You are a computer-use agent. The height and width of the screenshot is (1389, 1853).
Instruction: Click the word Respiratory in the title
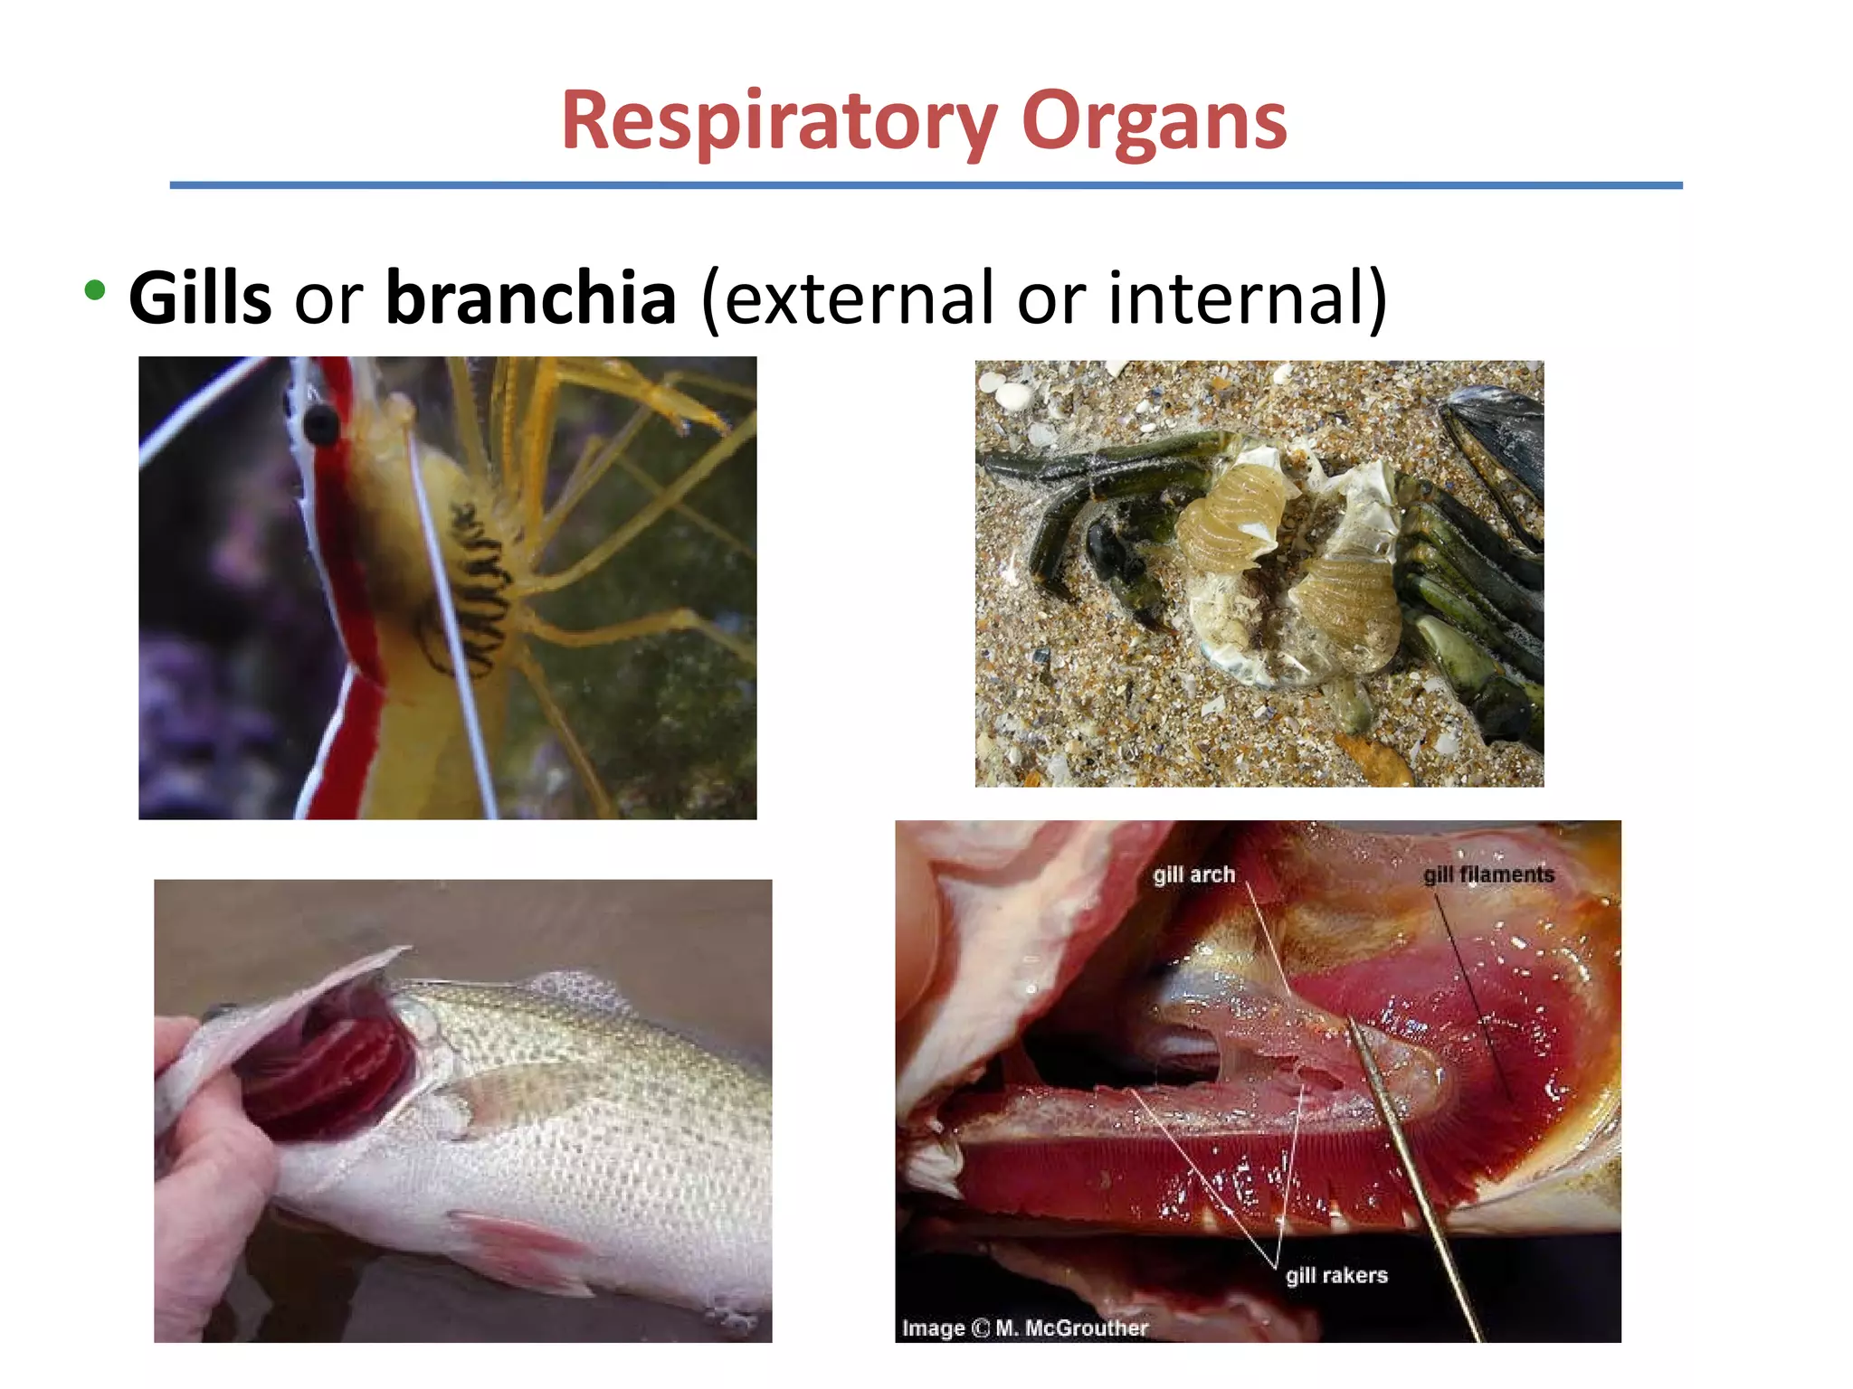778,122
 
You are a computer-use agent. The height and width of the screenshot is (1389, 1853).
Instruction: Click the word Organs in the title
1154,122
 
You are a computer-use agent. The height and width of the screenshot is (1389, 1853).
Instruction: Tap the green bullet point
94,291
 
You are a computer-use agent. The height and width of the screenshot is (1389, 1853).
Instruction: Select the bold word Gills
200,298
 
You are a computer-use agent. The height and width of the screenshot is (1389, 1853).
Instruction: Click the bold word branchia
531,298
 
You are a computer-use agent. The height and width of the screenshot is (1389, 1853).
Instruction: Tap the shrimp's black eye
320,421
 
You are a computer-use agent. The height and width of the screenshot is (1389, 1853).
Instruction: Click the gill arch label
1193,874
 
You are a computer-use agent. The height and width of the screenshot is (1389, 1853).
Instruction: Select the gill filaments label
1488,874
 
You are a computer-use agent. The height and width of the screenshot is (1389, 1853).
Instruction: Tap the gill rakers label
1336,1275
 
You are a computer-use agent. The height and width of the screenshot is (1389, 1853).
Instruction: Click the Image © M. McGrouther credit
1024,1328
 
